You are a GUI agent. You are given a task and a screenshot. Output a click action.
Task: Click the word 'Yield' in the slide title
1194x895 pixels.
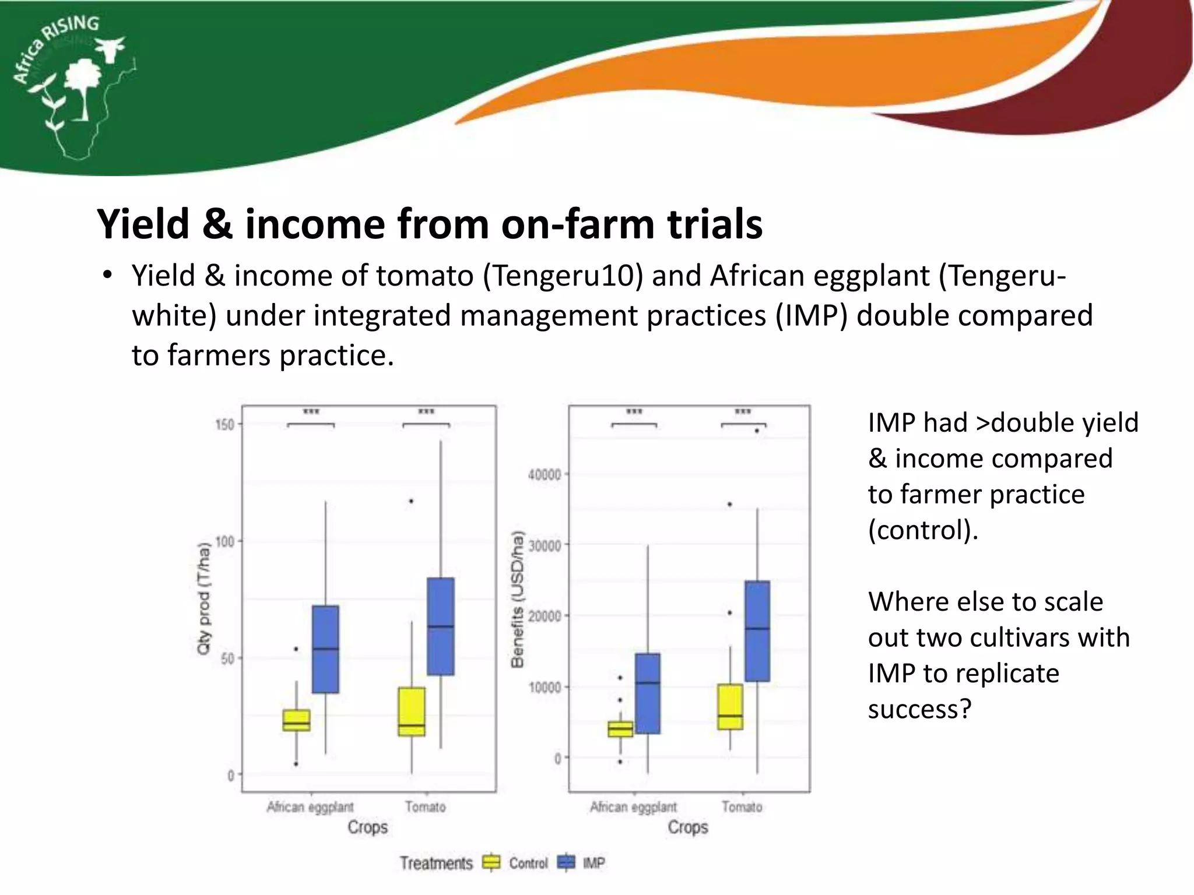[143, 224]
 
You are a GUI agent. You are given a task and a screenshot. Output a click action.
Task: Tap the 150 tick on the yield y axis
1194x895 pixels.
[224, 424]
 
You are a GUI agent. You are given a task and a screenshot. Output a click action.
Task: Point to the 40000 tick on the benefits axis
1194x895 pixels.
[545, 475]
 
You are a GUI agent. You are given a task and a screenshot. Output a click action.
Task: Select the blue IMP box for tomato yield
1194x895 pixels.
[441, 626]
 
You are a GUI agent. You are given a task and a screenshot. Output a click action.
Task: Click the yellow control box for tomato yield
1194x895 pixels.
[412, 711]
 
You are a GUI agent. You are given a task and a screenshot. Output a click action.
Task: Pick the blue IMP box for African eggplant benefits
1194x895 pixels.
[648, 693]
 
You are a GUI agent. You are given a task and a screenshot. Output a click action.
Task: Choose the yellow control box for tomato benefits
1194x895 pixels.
[731, 706]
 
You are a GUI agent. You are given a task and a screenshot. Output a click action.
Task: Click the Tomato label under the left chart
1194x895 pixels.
[426, 807]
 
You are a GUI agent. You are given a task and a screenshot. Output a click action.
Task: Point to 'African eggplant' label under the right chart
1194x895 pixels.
[633, 807]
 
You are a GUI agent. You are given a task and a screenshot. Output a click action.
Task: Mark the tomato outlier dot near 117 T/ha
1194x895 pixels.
[411, 501]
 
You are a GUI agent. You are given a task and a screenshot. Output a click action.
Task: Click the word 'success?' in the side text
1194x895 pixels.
[919, 709]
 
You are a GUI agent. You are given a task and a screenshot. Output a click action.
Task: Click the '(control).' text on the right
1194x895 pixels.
[923, 530]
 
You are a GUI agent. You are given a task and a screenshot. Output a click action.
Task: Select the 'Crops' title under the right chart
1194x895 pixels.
[688, 827]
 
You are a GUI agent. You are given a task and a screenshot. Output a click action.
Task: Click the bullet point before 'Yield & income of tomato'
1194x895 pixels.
[107, 275]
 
